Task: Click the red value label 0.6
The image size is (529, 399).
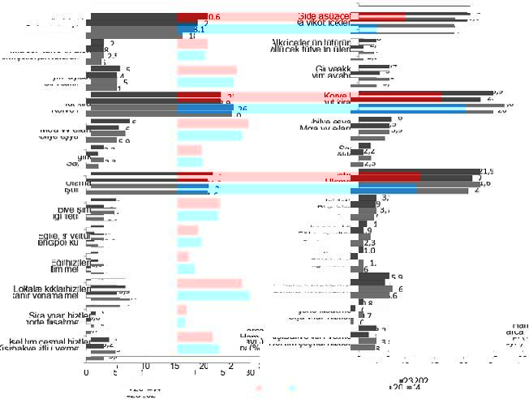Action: coord(214,17)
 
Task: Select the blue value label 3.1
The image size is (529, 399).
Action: coord(199,29)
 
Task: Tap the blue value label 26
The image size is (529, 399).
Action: coord(242,108)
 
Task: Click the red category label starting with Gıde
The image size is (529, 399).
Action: coord(324,16)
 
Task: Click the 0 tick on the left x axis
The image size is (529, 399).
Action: coord(87,373)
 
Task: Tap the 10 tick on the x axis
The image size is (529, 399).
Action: coord(144,367)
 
